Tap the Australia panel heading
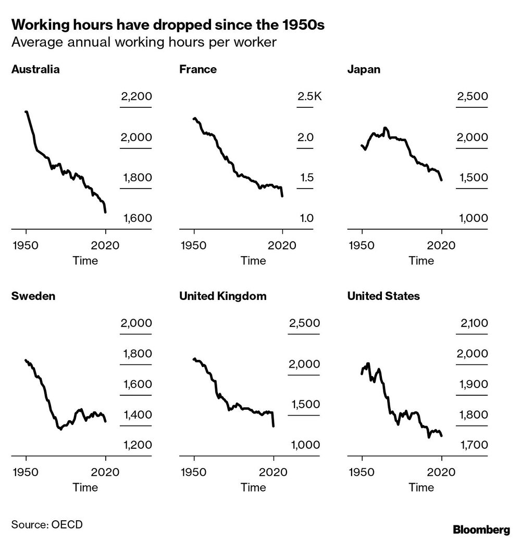[x=35, y=69]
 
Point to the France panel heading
[x=198, y=69]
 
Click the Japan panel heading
[x=364, y=69]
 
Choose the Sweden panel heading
[x=33, y=296]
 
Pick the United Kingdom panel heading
[x=222, y=296]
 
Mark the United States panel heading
[x=383, y=296]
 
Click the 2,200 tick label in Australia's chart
[x=136, y=97]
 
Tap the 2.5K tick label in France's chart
[x=310, y=97]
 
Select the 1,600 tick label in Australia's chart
[x=137, y=218]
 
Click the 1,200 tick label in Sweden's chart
[x=136, y=445]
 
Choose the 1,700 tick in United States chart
[x=473, y=445]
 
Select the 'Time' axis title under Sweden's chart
[x=85, y=487]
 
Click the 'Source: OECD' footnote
[x=46, y=524]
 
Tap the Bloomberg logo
[x=481, y=530]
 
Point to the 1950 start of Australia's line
[x=26, y=112]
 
